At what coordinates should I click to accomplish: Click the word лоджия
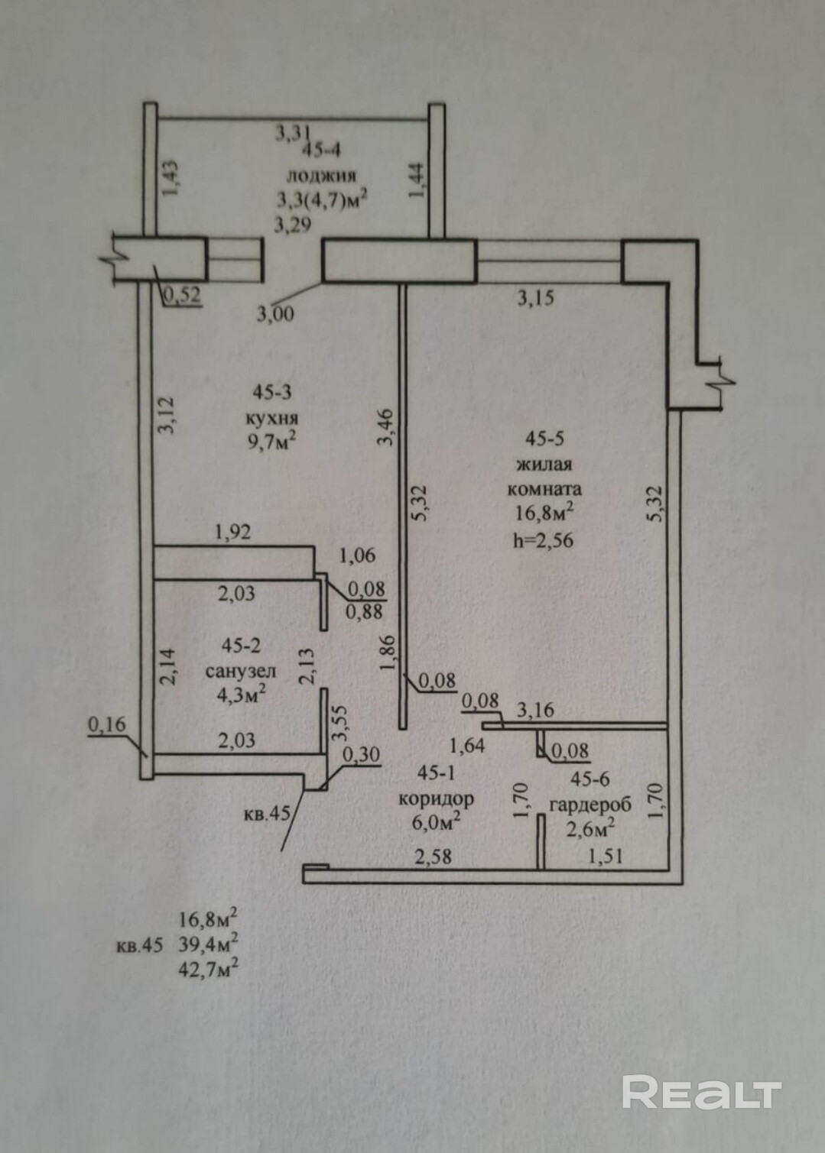321,176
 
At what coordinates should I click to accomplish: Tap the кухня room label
272,418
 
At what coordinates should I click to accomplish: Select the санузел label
241,672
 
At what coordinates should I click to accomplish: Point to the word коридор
437,799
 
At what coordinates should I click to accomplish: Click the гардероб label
591,805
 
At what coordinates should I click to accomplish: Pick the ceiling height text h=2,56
544,540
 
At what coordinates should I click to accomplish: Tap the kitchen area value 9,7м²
273,441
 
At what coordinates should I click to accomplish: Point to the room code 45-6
590,779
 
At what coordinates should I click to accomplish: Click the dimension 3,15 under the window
536,299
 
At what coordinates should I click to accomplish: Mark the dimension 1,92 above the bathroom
232,533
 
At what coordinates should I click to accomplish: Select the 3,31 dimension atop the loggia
291,134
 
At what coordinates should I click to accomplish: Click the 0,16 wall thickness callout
106,725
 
